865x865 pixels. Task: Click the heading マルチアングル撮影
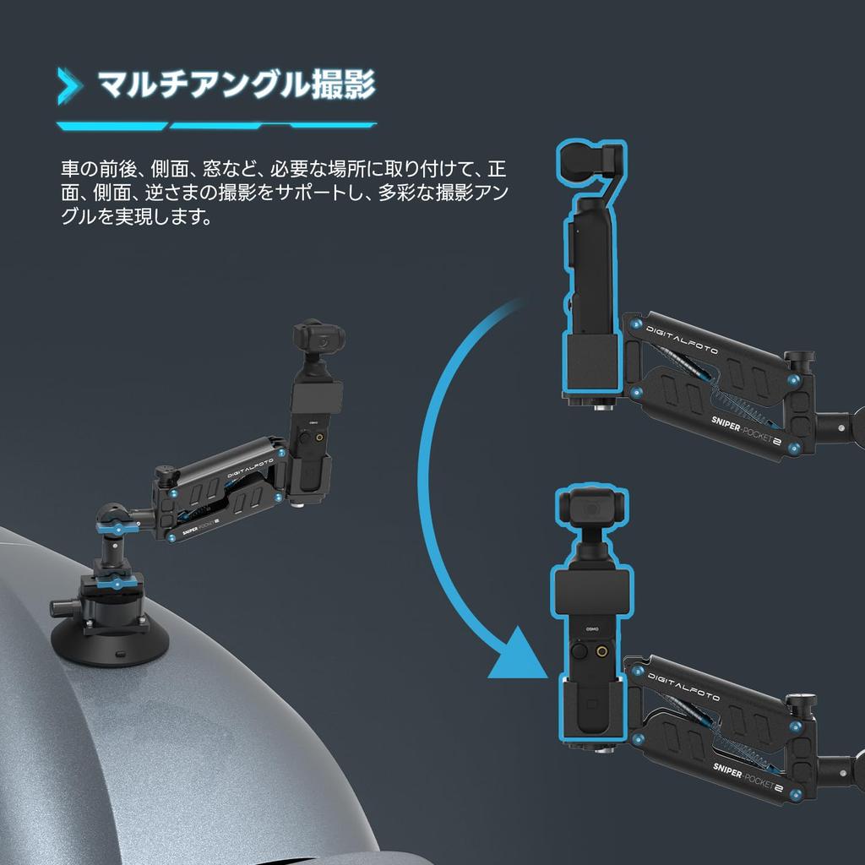click(236, 85)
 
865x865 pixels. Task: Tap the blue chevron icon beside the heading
click(69, 86)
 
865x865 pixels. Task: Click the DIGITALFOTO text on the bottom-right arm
click(683, 686)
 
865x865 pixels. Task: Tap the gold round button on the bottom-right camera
click(601, 652)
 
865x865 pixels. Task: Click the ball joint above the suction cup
click(110, 518)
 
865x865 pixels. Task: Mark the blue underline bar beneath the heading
click(216, 126)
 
